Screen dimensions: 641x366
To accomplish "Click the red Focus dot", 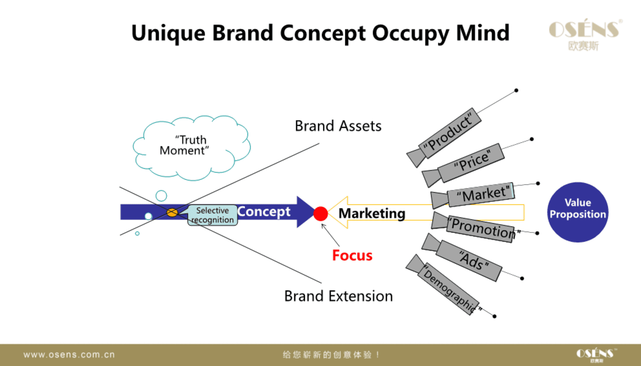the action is (320, 214).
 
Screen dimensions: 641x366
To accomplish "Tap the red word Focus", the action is (352, 255).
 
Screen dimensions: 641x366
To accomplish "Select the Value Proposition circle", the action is (578, 212).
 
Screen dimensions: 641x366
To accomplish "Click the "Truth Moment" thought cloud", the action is (191, 147).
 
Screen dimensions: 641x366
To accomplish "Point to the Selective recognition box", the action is (213, 215).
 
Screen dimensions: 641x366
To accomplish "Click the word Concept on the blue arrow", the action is (264, 212).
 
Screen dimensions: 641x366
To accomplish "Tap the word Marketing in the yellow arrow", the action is (372, 213).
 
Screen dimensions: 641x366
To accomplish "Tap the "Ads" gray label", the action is (469, 261).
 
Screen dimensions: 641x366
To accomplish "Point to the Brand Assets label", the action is (338, 126).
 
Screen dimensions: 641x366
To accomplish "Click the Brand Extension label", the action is (339, 296).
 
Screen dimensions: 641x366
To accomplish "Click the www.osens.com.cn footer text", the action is (69, 355).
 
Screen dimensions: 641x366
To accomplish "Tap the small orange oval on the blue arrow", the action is (172, 212).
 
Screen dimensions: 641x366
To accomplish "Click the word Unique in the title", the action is (168, 34).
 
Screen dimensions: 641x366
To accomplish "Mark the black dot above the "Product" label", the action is (516, 90).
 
